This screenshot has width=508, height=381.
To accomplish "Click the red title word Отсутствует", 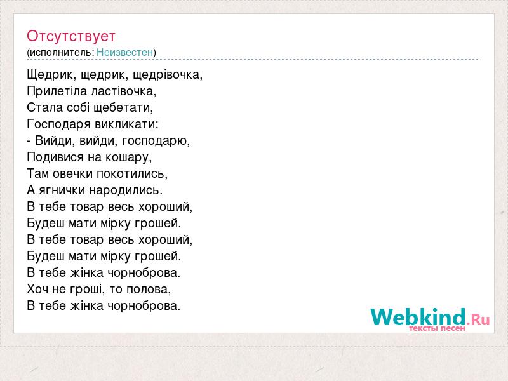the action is click(x=71, y=36).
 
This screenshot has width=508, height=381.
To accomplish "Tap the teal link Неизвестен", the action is click(x=124, y=52).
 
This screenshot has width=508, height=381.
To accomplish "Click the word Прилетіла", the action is click(x=57, y=91).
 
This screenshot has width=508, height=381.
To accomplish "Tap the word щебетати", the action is click(x=123, y=108).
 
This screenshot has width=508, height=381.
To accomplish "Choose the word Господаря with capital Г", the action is click(x=59, y=124).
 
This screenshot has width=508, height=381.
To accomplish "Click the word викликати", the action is click(x=126, y=124).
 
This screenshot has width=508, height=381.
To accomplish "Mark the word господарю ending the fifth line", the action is click(x=156, y=141).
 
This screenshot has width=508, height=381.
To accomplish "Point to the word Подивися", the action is click(x=55, y=157).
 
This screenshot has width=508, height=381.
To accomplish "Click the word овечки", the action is click(x=73, y=173).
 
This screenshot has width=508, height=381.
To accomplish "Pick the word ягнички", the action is click(x=62, y=190).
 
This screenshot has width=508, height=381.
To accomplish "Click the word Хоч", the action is click(x=37, y=289).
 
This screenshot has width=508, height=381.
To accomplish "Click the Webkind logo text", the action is click(x=430, y=317).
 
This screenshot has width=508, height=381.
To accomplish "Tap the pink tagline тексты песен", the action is click(x=437, y=328).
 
